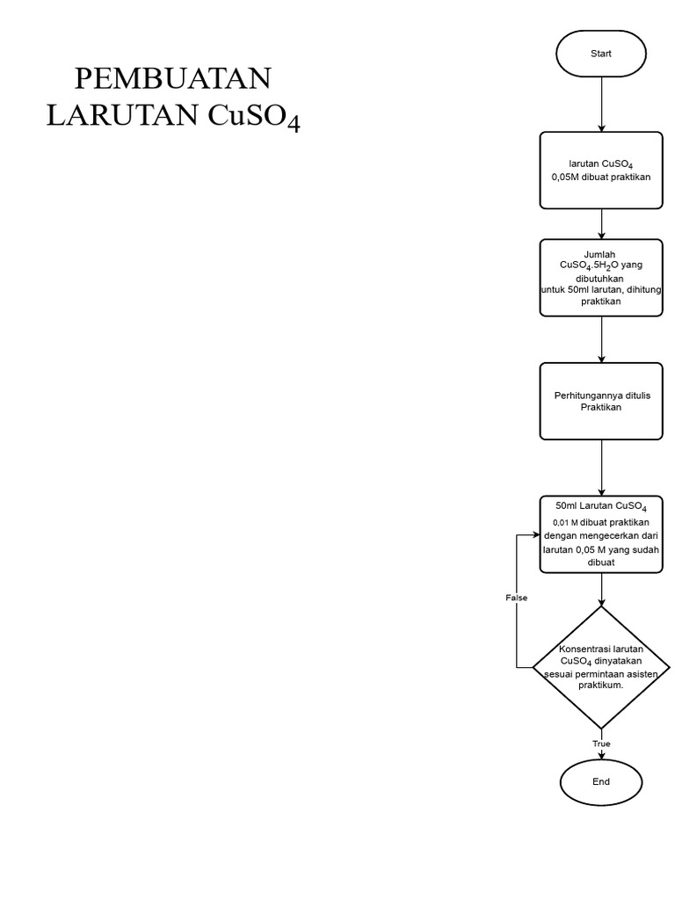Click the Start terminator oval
pyautogui.click(x=601, y=53)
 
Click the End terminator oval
pyautogui.click(x=601, y=781)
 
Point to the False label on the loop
pyautogui.click(x=517, y=598)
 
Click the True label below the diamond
pyautogui.click(x=601, y=744)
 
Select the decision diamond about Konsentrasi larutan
pyautogui.click(x=601, y=667)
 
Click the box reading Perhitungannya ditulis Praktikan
pyautogui.click(x=601, y=402)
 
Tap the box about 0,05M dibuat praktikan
pyautogui.click(x=601, y=171)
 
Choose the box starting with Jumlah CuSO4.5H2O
pyautogui.click(x=601, y=277)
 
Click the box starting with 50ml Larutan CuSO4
pyautogui.click(x=601, y=534)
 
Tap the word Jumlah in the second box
pyautogui.click(x=600, y=253)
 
